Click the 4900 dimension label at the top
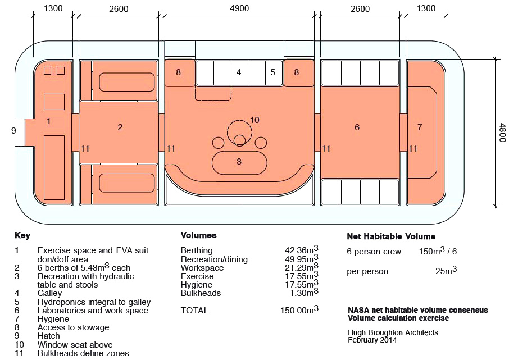point(239,8)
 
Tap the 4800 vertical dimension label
point(502,133)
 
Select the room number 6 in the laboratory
point(357,127)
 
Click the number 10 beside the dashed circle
point(254,120)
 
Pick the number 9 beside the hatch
point(13,130)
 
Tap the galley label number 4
point(239,72)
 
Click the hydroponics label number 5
point(272,72)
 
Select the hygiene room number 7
point(420,127)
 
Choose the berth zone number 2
point(120,127)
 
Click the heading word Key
point(22,235)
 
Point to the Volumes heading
point(199,235)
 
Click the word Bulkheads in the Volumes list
point(201,293)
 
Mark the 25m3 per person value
point(446,270)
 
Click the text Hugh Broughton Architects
point(393,332)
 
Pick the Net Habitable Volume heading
point(391,236)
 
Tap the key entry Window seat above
point(75,344)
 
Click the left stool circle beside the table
point(218,143)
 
